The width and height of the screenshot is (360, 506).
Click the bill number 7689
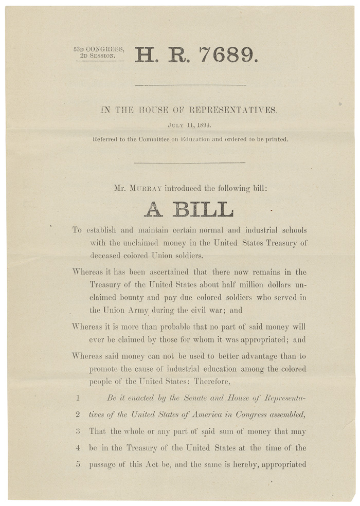[x=227, y=53]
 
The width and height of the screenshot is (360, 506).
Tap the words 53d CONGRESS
[x=98, y=49]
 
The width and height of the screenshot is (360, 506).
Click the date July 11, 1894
[x=189, y=124]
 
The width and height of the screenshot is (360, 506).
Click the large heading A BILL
[x=189, y=209]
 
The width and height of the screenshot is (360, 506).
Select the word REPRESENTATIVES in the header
[x=234, y=110]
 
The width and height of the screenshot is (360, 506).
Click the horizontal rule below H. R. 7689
[x=189, y=85]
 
